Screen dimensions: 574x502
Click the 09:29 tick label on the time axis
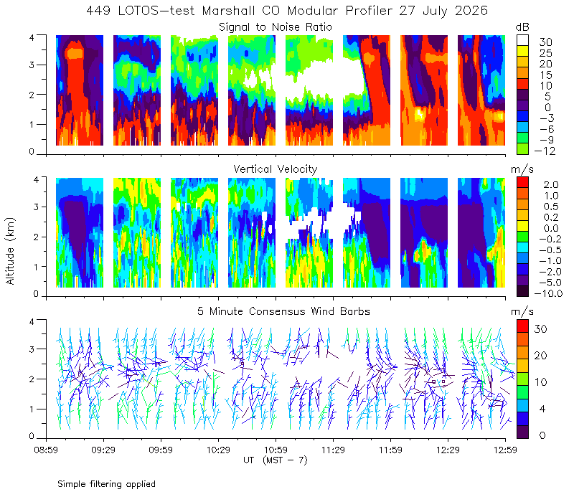[103, 450]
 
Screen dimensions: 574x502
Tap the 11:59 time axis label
[390, 450]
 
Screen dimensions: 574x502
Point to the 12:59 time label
[505, 450]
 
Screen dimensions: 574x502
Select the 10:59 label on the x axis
[276, 450]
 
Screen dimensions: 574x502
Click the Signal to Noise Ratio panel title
[276, 27]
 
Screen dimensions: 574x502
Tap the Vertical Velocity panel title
[276, 169]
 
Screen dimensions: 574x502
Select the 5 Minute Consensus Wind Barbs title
[283, 311]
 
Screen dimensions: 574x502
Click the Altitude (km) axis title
[10, 251]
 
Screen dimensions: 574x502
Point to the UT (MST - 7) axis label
[276, 460]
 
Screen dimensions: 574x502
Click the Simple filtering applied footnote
[106, 484]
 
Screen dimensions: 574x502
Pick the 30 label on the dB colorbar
[545, 42]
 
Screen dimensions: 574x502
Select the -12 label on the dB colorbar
[545, 151]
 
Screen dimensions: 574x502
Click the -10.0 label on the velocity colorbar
[548, 293]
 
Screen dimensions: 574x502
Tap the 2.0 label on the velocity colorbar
[551, 185]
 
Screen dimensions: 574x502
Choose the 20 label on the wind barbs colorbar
[541, 356]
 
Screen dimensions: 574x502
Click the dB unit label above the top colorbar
[522, 27]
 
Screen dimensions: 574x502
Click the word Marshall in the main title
[228, 11]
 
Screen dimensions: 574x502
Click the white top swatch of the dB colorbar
[522, 40]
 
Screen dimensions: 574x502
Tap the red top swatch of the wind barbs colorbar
[522, 326]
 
